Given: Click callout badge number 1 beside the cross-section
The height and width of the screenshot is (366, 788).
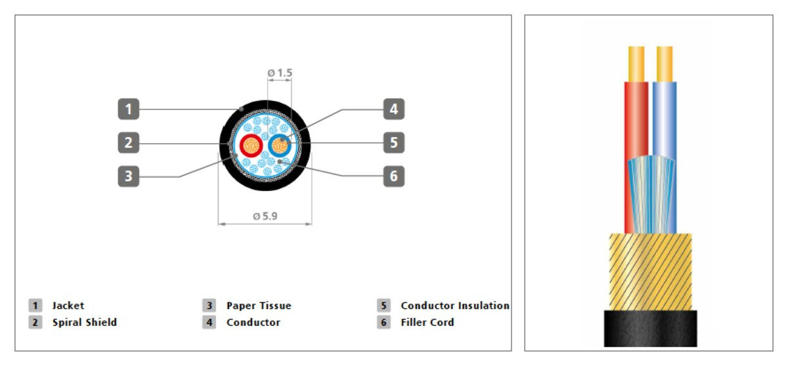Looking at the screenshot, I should (x=129, y=109).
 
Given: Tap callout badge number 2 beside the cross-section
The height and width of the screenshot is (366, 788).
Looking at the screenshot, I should (x=129, y=142).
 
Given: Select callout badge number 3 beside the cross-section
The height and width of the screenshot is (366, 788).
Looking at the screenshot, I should (x=129, y=176).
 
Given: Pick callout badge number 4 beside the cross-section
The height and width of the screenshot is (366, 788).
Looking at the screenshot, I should (x=393, y=109).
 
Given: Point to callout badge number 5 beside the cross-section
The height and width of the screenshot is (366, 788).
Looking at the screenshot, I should (x=393, y=142).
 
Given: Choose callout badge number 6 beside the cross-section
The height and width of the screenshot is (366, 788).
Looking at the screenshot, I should (x=393, y=176).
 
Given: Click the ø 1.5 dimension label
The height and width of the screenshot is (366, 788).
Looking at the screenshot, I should (x=280, y=73).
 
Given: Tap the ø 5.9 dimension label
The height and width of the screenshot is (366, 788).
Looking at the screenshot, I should (x=265, y=215).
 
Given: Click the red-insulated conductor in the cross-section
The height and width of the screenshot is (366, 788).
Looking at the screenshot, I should (x=250, y=145).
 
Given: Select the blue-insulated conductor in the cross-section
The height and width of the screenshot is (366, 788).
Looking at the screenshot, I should (x=280, y=145).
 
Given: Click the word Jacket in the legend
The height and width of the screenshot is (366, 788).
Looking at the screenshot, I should (x=68, y=306).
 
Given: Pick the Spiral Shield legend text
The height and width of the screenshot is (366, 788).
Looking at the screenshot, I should (x=84, y=322).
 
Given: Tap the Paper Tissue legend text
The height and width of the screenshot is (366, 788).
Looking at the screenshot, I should (x=258, y=306).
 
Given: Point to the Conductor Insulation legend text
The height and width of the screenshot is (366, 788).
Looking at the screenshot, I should (x=454, y=306).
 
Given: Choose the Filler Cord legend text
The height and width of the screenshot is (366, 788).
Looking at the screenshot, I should (x=427, y=322).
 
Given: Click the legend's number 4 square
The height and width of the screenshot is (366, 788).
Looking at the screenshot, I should (x=209, y=322).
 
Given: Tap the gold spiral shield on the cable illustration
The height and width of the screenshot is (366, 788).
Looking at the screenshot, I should (x=650, y=271).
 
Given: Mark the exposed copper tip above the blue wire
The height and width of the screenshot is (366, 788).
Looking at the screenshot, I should (x=665, y=63).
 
